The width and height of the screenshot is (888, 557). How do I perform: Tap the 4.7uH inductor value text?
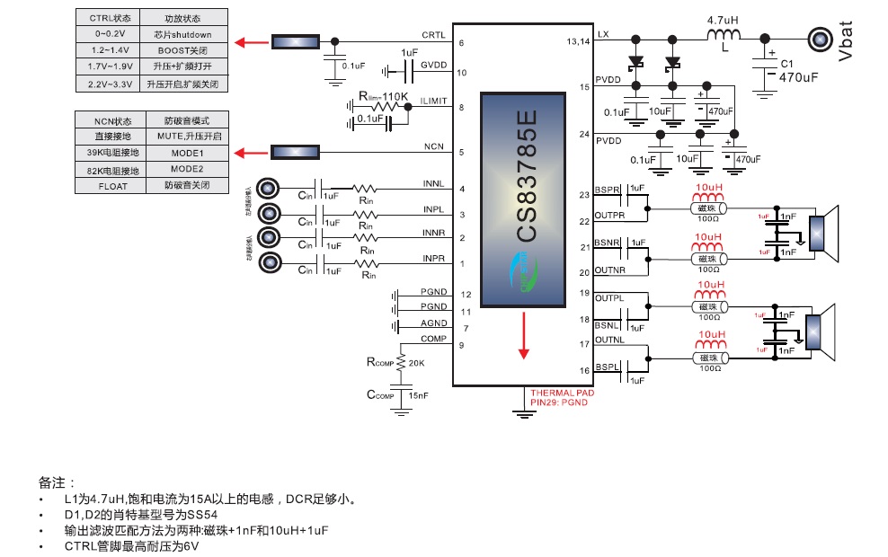tap(724, 19)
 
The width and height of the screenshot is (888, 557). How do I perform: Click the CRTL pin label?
tap(433, 35)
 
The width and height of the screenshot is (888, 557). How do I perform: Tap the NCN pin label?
tap(434, 147)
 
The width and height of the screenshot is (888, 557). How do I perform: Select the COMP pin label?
tap(432, 339)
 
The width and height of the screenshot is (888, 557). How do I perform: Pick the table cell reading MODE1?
tap(187, 153)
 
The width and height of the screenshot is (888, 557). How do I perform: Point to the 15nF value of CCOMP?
tap(419, 395)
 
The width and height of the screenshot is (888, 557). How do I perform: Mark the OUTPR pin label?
tap(608, 215)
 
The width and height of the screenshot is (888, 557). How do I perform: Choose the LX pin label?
tap(603, 34)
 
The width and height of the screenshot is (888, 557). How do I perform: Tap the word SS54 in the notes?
tap(203, 515)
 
